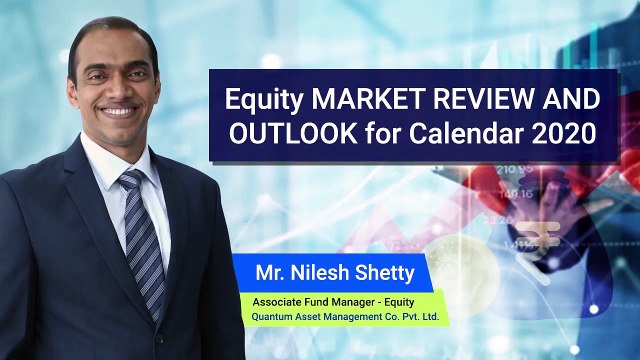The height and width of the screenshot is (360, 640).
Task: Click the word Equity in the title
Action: tap(263, 100)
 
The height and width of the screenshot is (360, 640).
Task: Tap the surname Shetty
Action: tap(385, 273)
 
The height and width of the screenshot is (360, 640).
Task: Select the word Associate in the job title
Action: tap(273, 302)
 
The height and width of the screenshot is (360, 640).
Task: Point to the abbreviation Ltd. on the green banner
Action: tap(430, 316)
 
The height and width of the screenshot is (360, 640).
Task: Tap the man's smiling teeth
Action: tap(119, 111)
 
